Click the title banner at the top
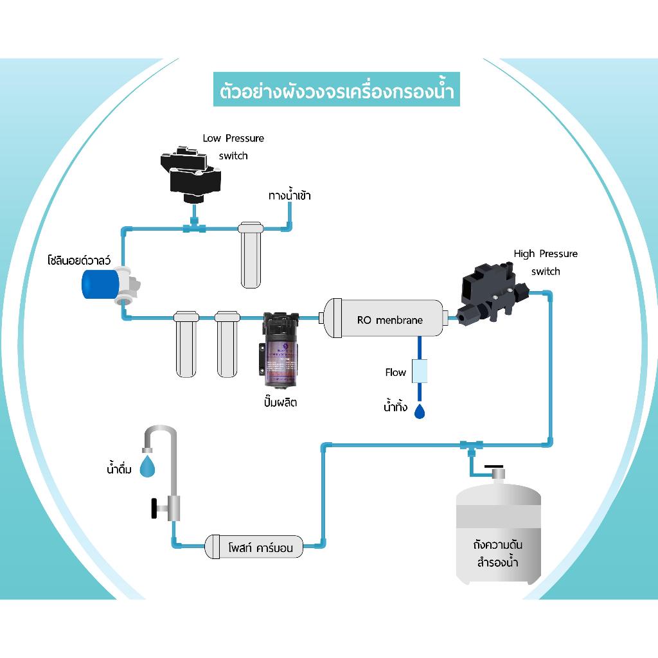337,89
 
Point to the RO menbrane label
390,319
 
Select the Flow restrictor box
419,371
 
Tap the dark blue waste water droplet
420,411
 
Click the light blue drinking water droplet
148,467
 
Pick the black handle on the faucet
154,508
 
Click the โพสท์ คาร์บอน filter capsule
254,547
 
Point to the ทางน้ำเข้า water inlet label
289,195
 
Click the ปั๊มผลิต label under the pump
281,404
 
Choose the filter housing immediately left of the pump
227,344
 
